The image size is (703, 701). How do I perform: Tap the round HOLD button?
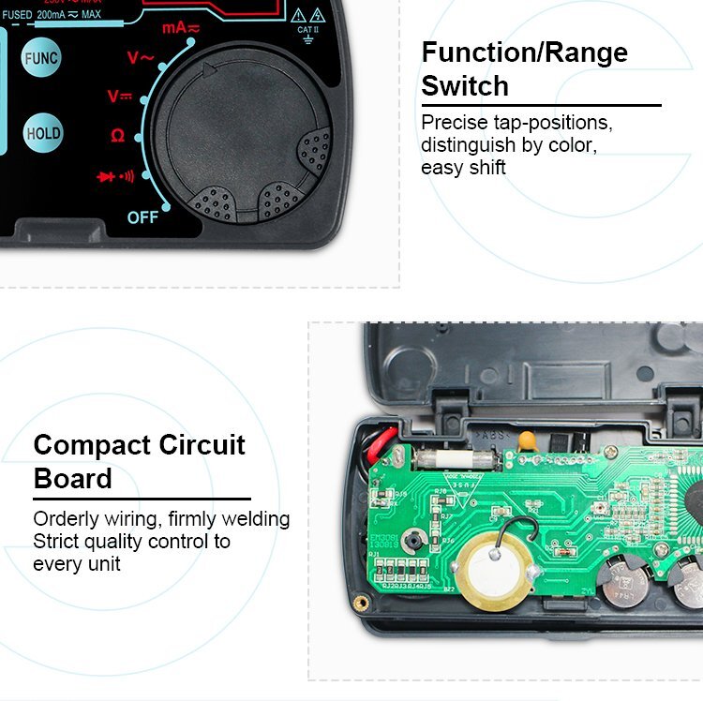[x=43, y=133]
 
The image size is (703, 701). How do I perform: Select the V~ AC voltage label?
[x=141, y=58]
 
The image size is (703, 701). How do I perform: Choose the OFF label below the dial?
[x=142, y=217]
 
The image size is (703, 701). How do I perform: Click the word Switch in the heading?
[x=465, y=85]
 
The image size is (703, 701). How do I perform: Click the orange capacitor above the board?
[x=530, y=437]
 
